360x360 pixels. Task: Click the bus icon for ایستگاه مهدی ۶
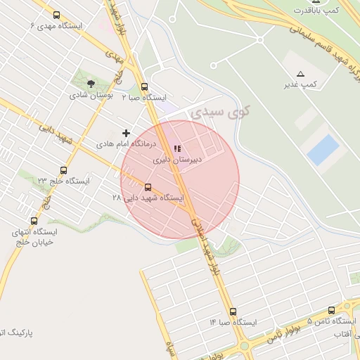pyautogui.click(x=57, y=15)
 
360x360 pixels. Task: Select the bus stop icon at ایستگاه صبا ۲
pyautogui.click(x=144, y=87)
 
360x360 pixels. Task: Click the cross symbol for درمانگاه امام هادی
pyautogui.click(x=127, y=132)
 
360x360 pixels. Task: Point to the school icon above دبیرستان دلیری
pyautogui.click(x=177, y=148)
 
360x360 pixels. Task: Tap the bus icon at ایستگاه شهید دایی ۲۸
pyautogui.click(x=148, y=187)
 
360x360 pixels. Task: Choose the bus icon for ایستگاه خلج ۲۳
pyautogui.click(x=64, y=170)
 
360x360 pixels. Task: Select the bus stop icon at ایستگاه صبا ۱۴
pyautogui.click(x=233, y=311)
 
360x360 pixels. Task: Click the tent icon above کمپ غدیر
pyautogui.click(x=301, y=74)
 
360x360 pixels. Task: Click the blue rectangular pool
pyautogui.click(x=323, y=150)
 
